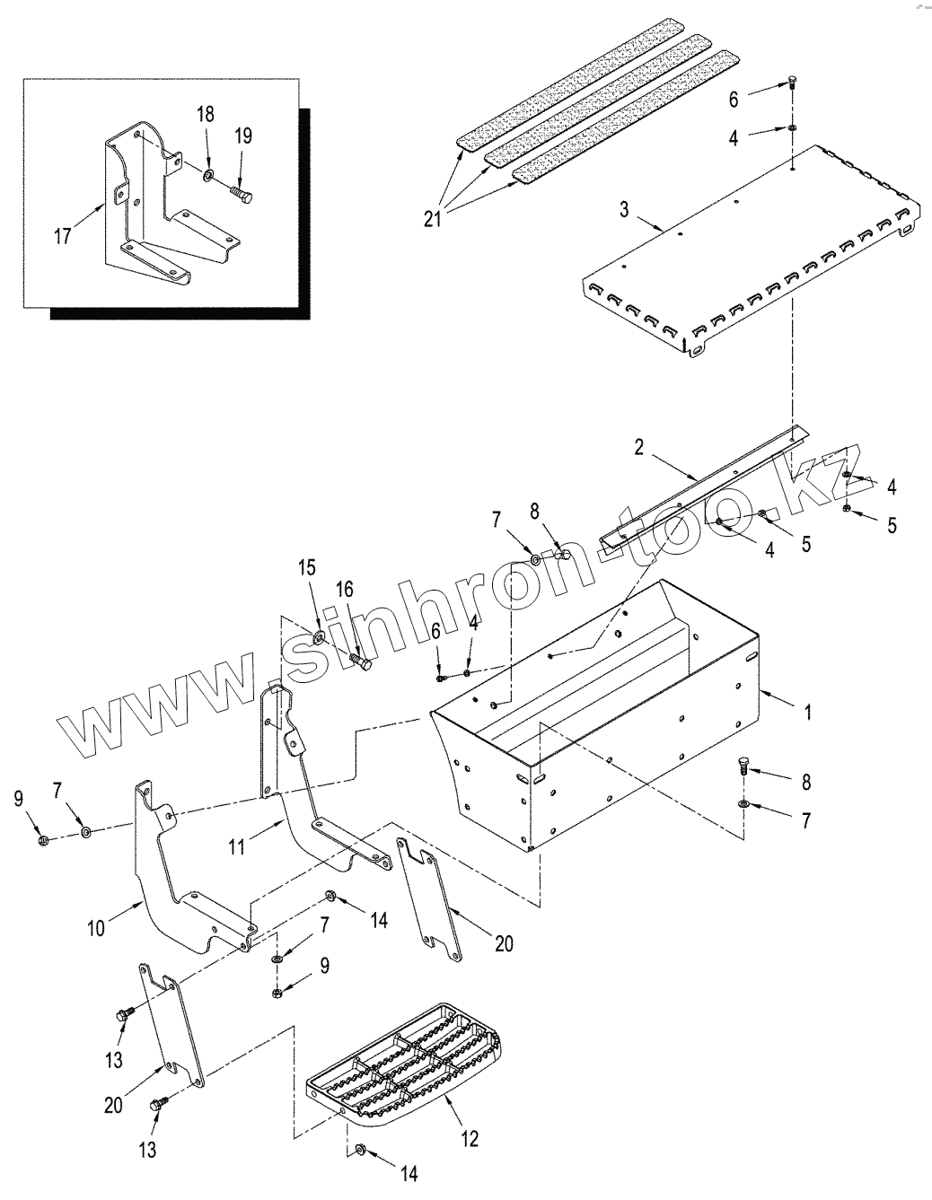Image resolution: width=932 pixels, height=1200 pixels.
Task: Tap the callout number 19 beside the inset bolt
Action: pyautogui.click(x=243, y=136)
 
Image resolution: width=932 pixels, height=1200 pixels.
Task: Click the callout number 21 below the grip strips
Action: pyautogui.click(x=432, y=218)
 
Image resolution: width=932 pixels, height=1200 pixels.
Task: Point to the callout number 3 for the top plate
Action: pyautogui.click(x=624, y=211)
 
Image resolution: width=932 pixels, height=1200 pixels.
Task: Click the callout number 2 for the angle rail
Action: pyautogui.click(x=638, y=448)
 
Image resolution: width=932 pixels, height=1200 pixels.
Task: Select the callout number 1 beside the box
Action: pyautogui.click(x=807, y=713)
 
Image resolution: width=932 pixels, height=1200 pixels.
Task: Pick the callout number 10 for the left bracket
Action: pyautogui.click(x=96, y=929)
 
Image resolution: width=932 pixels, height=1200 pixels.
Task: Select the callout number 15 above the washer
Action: pyautogui.click(x=308, y=568)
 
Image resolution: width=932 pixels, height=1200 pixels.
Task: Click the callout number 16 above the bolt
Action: pyautogui.click(x=345, y=590)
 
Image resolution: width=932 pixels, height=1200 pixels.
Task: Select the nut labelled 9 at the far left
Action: pyautogui.click(x=44, y=840)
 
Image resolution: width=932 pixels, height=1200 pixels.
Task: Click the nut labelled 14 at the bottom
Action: pyautogui.click(x=359, y=1149)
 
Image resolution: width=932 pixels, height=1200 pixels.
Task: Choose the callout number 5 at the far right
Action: pyautogui.click(x=892, y=526)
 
